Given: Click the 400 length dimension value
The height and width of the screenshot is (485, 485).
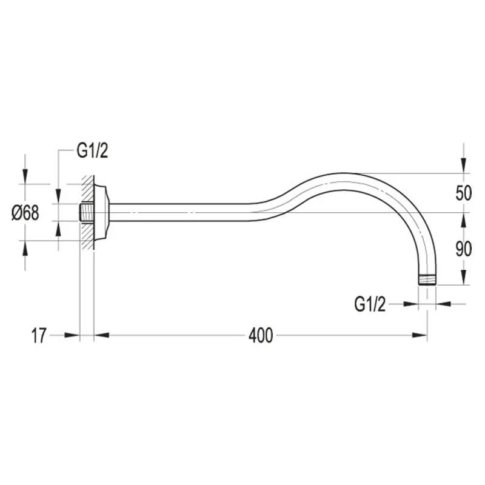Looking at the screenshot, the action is [261, 335].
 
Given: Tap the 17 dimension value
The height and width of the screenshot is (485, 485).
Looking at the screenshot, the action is [39, 335].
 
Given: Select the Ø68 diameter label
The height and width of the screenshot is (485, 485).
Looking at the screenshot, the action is [25, 213].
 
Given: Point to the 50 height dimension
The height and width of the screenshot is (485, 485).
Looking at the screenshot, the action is [463, 193].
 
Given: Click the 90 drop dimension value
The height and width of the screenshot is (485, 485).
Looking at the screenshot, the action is [463, 249].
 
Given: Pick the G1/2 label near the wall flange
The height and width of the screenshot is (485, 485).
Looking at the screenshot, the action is [93, 151].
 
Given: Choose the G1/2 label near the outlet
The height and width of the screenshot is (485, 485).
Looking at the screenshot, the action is [370, 304].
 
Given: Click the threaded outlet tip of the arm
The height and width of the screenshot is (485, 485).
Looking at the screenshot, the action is [427, 279].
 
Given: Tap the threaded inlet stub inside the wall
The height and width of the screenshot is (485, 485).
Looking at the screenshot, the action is [87, 212].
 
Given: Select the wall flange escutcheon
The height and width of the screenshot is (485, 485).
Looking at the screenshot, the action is [101, 212].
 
